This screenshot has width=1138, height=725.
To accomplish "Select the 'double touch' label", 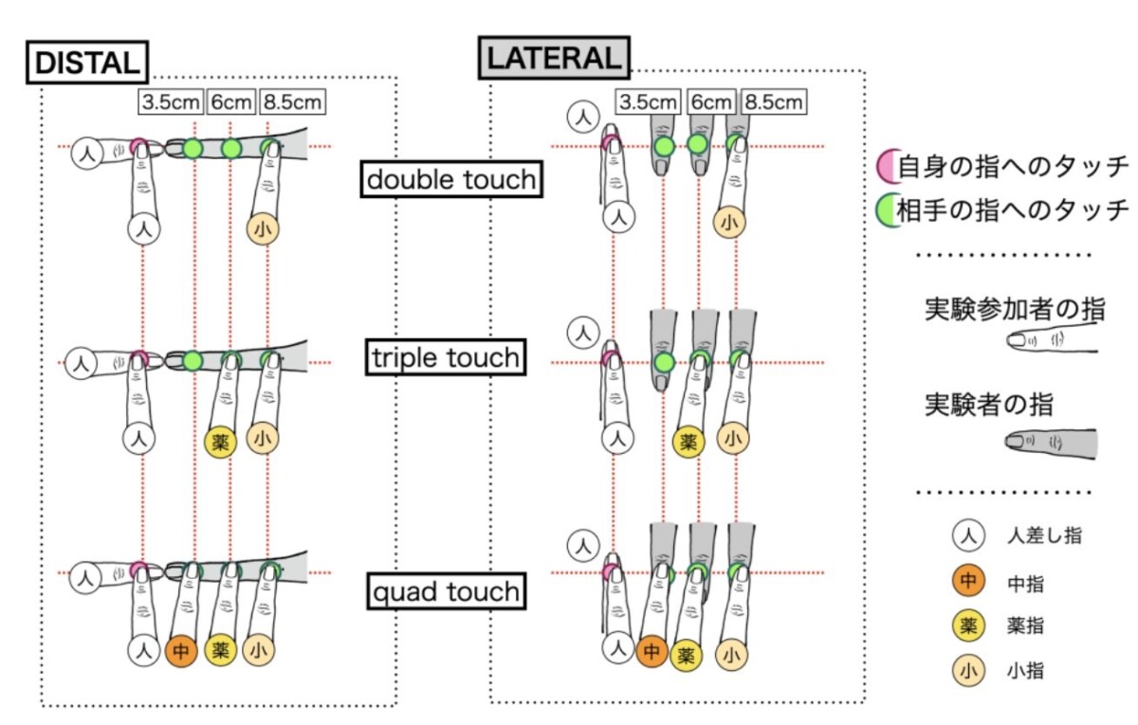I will [451, 179].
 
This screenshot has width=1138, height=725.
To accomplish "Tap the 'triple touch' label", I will [446, 357].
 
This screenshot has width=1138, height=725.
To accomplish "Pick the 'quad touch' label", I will [446, 592].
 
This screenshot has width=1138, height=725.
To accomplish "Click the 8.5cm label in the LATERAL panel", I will [773, 100].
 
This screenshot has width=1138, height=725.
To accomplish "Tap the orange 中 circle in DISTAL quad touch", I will [181, 651].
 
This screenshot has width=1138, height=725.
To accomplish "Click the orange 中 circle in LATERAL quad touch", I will [652, 651].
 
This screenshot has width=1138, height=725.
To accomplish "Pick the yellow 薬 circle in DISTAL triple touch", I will [220, 443].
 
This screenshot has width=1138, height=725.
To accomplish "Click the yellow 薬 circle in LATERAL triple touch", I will [688, 442].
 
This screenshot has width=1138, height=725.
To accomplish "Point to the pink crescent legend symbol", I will [888, 169].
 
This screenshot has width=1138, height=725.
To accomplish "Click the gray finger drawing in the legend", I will [1050, 443].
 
